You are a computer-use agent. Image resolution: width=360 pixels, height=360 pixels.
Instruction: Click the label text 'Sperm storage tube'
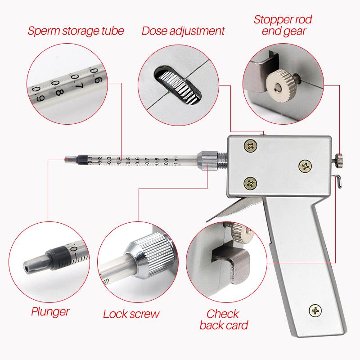[76, 31]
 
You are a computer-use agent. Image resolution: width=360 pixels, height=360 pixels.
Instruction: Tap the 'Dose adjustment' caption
[183, 31]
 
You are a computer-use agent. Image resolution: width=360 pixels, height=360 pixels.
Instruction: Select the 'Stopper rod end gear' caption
[283, 25]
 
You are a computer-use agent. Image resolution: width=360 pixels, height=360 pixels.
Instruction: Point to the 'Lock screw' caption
[131, 314]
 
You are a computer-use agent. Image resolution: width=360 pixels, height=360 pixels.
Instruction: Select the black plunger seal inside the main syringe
[82, 159]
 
